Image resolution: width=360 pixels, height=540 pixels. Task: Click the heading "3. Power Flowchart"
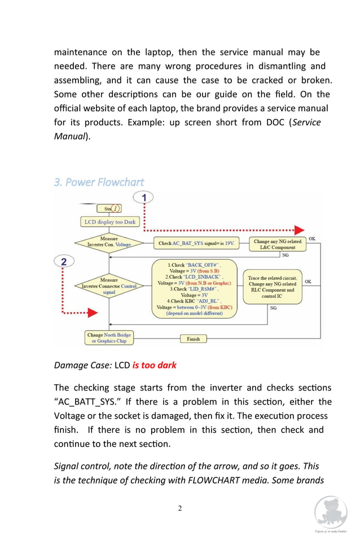coord(99,182)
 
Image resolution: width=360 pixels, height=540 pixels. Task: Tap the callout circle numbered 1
coord(144,198)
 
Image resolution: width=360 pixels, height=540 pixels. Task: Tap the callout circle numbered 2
coord(64,261)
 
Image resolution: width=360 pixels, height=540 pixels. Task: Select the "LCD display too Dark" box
coord(110,222)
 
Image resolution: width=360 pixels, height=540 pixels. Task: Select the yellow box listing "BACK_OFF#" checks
coord(194,289)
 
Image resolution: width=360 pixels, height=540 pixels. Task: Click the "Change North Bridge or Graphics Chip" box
coord(109,338)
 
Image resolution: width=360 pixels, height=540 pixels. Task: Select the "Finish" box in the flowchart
coord(193,339)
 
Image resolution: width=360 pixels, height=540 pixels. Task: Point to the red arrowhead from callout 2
coord(92,313)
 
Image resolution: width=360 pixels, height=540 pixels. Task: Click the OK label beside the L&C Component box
coord(312,239)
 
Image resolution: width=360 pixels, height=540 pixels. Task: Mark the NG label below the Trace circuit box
coord(273,308)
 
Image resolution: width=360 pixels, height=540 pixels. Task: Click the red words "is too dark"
coord(154,365)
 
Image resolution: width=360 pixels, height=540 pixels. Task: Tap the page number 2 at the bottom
coord(180,508)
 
